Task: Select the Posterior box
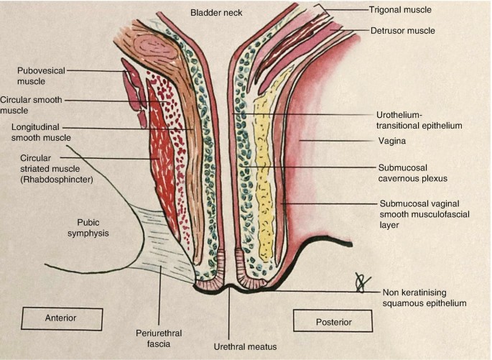pos(333,321)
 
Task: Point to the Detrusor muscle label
pos(403,31)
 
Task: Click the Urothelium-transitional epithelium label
pos(418,119)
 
